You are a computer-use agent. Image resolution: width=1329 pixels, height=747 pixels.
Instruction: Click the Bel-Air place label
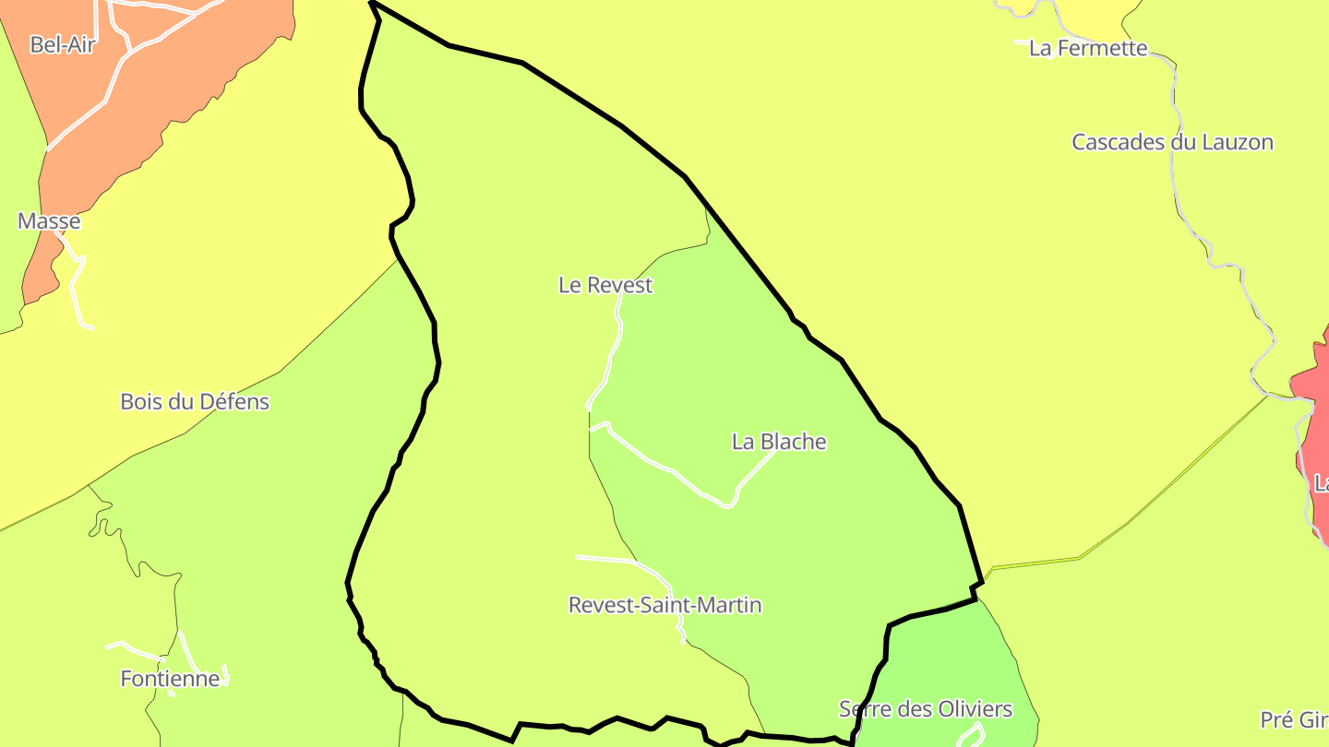[63, 44]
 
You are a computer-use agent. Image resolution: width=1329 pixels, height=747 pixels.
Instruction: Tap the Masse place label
[49, 221]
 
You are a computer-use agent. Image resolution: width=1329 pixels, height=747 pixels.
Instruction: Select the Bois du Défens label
[195, 402]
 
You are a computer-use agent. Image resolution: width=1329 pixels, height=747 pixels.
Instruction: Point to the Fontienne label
[170, 680]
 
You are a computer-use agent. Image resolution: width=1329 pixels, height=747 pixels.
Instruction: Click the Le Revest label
[605, 286]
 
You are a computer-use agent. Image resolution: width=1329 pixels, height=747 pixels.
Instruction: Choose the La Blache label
[779, 443]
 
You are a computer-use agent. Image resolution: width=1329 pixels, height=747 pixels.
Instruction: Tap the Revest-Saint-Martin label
[664, 606]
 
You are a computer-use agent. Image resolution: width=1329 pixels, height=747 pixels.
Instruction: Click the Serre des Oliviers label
[925, 709]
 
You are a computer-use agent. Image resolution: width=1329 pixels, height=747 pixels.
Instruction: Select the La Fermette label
[1088, 49]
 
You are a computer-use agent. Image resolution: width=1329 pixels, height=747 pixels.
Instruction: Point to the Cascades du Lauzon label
[1172, 143]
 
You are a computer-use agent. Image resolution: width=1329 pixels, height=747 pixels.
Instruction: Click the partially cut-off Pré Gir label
[1294, 720]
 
